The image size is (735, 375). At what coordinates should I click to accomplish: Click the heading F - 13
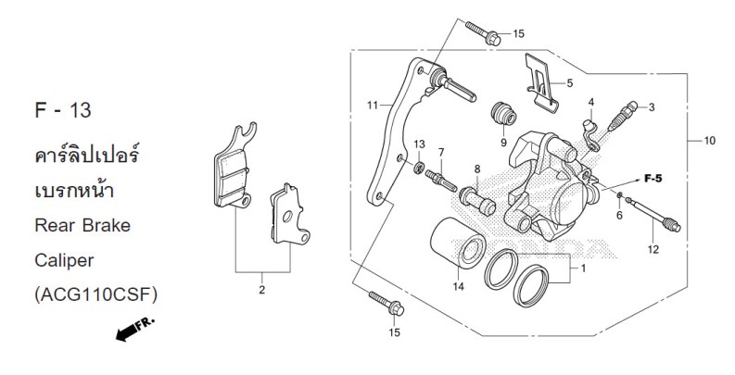[62, 111]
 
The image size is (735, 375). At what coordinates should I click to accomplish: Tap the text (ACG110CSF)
[95, 294]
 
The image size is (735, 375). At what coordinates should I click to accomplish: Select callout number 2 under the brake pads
[260, 290]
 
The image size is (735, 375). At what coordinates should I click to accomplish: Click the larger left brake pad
[231, 169]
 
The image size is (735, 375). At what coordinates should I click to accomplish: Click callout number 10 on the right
[709, 142]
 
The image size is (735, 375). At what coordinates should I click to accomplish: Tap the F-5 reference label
[652, 178]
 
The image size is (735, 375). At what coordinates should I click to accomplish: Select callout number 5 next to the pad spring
[569, 82]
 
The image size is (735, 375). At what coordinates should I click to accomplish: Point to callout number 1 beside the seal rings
[582, 269]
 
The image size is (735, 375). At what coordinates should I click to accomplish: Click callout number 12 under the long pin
[653, 249]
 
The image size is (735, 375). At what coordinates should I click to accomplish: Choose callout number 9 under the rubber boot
[502, 144]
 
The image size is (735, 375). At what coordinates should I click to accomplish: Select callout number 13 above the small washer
[420, 144]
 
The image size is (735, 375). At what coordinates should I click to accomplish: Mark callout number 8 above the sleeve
[477, 169]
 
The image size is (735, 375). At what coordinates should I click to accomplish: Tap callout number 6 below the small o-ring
[618, 216]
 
